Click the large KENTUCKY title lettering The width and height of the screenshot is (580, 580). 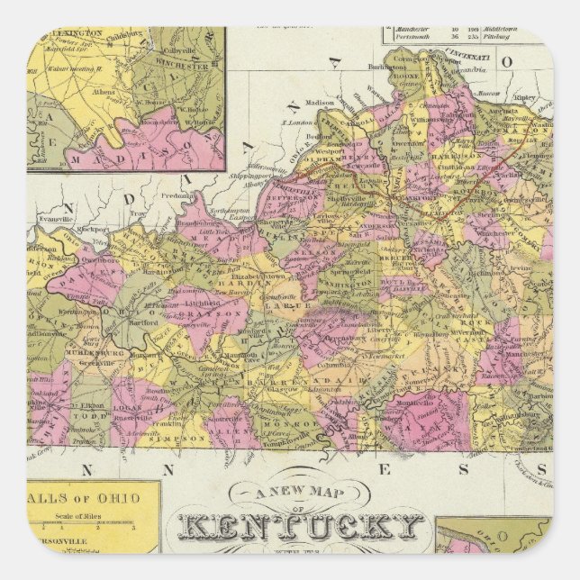(x=301, y=526)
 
